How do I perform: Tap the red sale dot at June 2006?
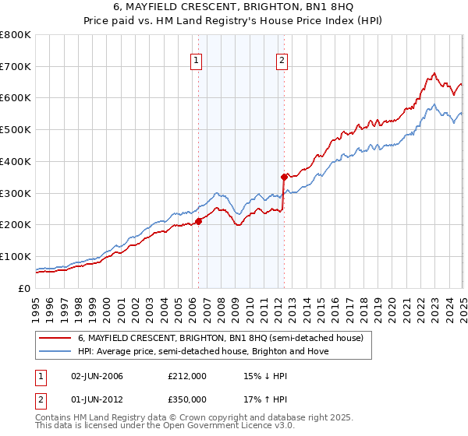click(x=198, y=221)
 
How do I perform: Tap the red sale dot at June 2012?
click(x=284, y=177)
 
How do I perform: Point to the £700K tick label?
click(x=16, y=67)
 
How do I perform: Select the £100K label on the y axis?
click(x=16, y=256)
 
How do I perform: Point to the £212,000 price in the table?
click(x=187, y=376)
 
